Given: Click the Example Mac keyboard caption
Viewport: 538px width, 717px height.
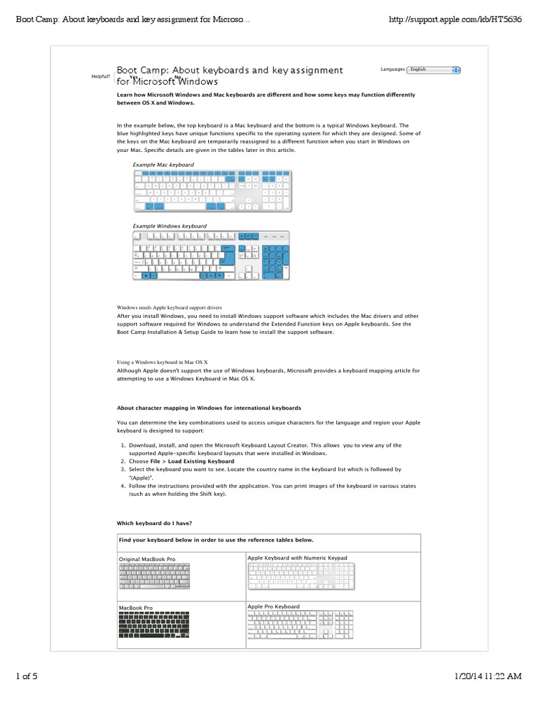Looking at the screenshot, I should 163,165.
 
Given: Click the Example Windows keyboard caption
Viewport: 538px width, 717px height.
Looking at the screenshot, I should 170,226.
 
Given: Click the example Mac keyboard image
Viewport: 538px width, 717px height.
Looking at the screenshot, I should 212,190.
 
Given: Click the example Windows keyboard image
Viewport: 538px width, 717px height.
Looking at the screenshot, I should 211,256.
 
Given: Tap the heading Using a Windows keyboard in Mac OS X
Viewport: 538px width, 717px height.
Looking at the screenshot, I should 163,362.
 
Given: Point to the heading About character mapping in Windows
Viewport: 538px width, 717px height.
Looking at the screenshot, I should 209,408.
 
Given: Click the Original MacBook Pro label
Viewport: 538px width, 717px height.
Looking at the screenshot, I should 147,559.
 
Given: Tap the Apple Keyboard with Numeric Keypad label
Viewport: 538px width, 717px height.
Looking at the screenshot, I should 297,557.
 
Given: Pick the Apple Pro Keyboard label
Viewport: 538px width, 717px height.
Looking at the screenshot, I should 273,606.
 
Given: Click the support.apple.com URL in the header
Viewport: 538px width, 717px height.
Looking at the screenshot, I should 455,19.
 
